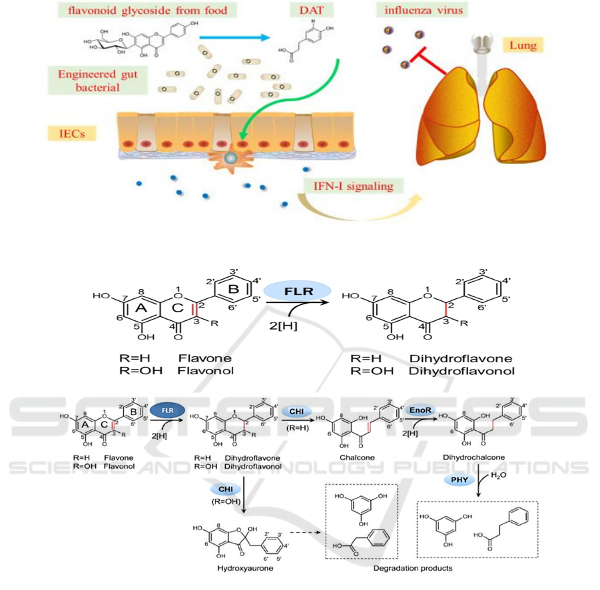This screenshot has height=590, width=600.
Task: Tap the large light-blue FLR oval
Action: pyautogui.click(x=298, y=290)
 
